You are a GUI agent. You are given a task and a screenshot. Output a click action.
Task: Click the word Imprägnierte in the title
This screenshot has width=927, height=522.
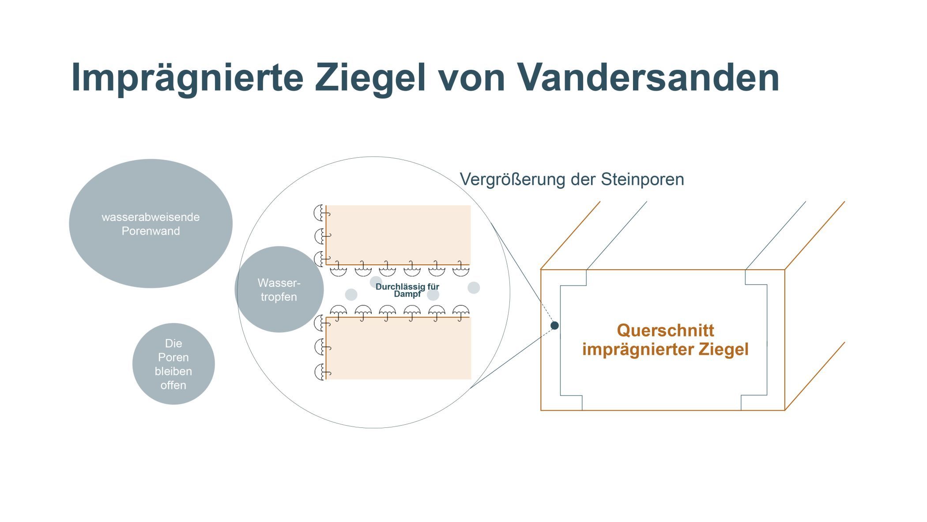pos(188,78)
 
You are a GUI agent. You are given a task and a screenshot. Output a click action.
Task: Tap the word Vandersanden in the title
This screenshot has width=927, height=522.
pos(648,77)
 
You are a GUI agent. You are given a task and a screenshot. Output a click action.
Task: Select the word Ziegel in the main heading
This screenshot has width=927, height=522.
pos(370,78)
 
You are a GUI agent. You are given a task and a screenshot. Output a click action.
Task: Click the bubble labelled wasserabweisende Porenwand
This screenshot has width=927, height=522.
pos(151,224)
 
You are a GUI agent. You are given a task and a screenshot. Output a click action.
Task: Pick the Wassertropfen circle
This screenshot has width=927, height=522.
pos(279,290)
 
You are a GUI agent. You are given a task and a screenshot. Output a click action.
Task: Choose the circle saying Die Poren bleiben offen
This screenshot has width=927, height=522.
pos(173,364)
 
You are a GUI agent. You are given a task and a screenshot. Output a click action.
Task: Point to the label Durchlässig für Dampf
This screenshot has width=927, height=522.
pos(407,290)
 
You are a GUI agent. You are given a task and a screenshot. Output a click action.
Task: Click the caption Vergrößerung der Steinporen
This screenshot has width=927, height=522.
pos(572,179)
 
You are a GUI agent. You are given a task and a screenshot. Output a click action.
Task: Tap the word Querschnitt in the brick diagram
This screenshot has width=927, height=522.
pos(665,330)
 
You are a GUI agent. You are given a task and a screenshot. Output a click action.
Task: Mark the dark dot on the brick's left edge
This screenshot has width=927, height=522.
pos(554,325)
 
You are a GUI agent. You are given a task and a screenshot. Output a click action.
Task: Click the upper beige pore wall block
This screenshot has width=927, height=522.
pos(398,235)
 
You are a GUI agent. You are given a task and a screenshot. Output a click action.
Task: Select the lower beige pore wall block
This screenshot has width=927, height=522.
pos(398,348)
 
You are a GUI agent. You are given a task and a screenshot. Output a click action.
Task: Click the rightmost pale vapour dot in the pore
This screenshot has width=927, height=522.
pos(474,288)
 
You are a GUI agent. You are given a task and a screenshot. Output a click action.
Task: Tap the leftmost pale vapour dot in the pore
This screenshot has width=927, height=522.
pos(351,295)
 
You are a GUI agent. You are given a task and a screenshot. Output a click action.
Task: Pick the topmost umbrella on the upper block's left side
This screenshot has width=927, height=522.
pos(322,213)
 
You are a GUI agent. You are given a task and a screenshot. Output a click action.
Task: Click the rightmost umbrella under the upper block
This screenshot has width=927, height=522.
pos(461,269)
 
